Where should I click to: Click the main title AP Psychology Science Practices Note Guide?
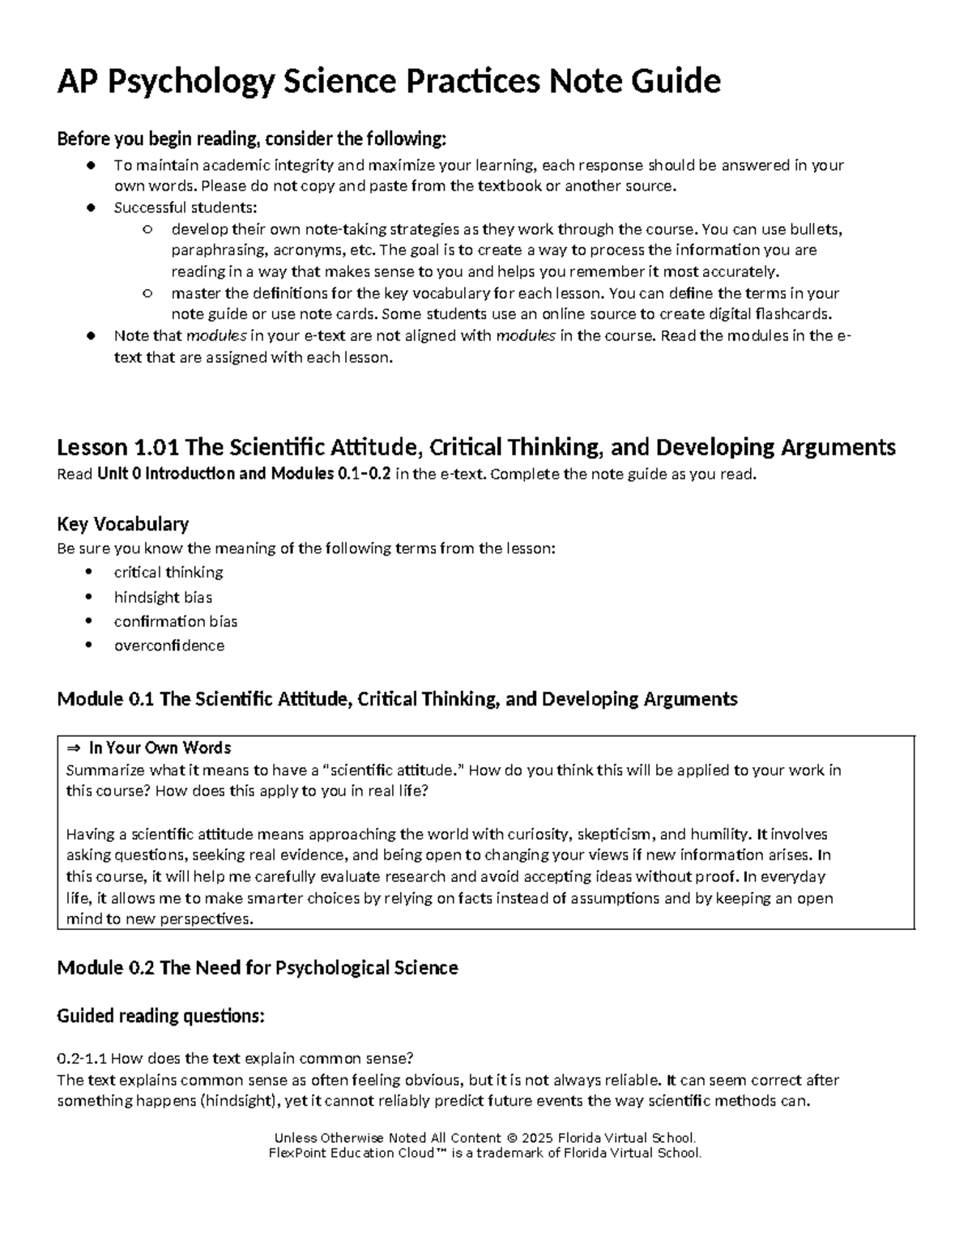(x=388, y=81)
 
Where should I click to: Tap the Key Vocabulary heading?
(x=122, y=523)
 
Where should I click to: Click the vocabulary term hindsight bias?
(x=163, y=597)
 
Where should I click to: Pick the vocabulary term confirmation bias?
(x=176, y=621)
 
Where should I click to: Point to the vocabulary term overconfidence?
(x=169, y=646)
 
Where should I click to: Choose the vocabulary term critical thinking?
(x=168, y=573)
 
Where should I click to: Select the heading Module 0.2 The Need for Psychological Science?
(x=257, y=968)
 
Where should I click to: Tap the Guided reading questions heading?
(x=160, y=1016)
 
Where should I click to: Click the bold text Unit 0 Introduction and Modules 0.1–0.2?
(x=244, y=475)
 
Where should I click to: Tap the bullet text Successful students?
(x=185, y=207)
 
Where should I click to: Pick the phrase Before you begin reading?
(x=154, y=139)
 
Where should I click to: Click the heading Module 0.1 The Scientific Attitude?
(x=397, y=699)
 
